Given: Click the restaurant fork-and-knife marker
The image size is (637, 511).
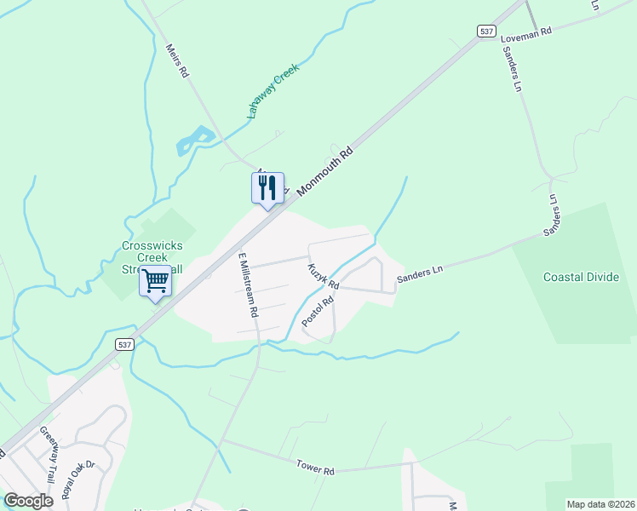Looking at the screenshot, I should click(267, 187).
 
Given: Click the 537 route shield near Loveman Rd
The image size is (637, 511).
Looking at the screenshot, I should click(486, 31).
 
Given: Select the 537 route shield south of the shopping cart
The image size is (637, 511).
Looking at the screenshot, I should click(125, 344).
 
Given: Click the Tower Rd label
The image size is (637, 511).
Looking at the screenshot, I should click(316, 468).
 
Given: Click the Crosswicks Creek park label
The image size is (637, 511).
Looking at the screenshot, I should click(152, 256).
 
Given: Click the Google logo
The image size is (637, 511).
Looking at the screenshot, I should click(28, 501).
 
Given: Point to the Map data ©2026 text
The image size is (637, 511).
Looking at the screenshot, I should click(600, 504).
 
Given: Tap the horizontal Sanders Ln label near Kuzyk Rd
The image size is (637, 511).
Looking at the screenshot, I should click(421, 271).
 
